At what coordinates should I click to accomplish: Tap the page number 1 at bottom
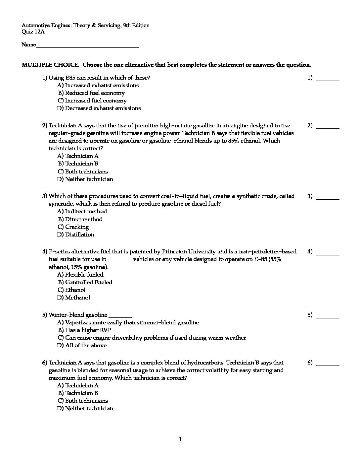(180, 440)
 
